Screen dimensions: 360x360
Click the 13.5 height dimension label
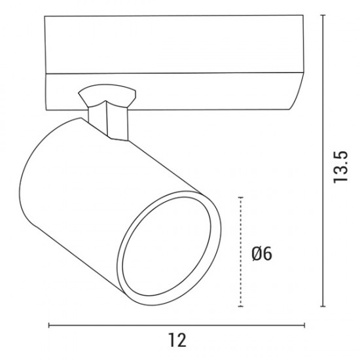(340, 167)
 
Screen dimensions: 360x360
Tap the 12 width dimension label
(177, 340)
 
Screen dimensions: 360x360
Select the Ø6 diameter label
(262, 253)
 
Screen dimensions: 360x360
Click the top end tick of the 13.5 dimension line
(323, 15)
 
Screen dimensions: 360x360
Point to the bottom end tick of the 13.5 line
(323, 306)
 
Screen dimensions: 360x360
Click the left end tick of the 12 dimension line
(49, 325)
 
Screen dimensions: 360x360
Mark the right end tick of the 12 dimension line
(304, 325)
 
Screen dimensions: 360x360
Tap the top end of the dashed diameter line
(241, 197)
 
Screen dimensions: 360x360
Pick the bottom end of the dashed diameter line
(241, 306)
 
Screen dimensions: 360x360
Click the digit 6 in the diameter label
(267, 253)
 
